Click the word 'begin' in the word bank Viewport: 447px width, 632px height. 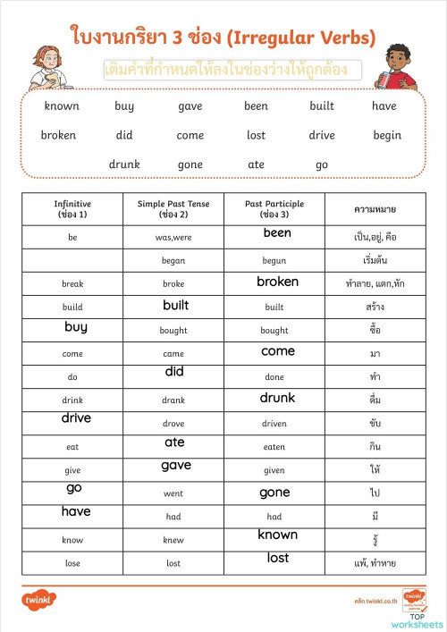click(x=387, y=136)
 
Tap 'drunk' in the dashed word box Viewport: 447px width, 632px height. click(x=124, y=164)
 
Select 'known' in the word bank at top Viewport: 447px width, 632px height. click(x=62, y=105)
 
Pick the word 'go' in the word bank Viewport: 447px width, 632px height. click(x=322, y=164)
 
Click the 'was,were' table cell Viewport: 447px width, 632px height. click(x=173, y=238)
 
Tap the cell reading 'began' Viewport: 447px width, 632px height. click(x=173, y=261)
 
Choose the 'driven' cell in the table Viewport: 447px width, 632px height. click(x=274, y=424)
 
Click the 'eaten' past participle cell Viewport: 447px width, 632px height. click(x=274, y=447)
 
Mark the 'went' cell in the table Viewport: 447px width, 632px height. click(x=173, y=493)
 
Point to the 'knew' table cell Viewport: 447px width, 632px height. click(x=173, y=540)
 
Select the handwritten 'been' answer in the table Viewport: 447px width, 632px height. click(x=277, y=233)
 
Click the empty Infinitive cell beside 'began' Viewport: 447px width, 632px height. click(x=72, y=261)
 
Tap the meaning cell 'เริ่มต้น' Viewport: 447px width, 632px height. click(x=375, y=261)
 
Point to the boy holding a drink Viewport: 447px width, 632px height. click(x=399, y=67)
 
